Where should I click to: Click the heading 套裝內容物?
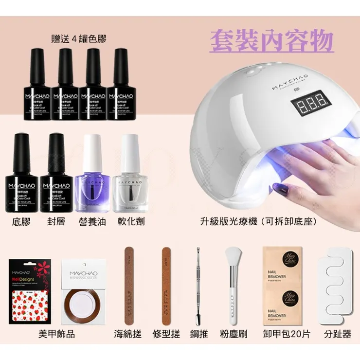tap(272, 41)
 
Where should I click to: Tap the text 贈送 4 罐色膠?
tap(78, 38)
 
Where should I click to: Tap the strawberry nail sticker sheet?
tap(28, 292)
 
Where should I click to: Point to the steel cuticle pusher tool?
tap(198, 285)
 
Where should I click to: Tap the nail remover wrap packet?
tap(281, 285)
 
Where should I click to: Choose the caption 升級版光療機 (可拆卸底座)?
tap(258, 222)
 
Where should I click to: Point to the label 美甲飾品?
tap(56, 334)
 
